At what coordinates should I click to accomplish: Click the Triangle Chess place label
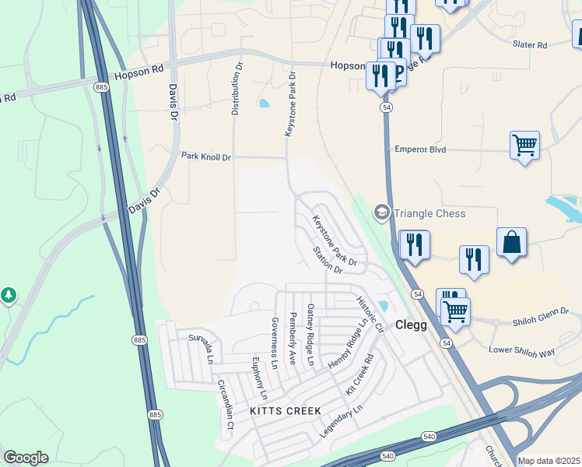tap(429, 213)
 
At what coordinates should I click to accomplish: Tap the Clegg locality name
tap(411, 325)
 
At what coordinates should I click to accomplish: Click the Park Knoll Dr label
tap(206, 157)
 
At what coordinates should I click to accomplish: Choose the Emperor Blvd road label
tap(420, 149)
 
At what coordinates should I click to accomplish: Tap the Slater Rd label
tap(530, 45)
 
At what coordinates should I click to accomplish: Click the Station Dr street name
tap(327, 261)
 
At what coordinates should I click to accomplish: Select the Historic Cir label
tap(370, 314)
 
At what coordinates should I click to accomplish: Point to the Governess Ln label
tap(274, 342)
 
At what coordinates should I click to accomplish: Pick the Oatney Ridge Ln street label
tap(310, 335)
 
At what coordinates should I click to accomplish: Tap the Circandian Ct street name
tap(225, 404)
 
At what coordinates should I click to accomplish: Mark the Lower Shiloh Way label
tap(521, 350)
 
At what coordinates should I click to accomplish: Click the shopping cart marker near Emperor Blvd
tap(524, 145)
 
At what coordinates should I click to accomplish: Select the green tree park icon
tap(9, 295)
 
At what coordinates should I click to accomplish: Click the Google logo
tap(26, 458)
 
